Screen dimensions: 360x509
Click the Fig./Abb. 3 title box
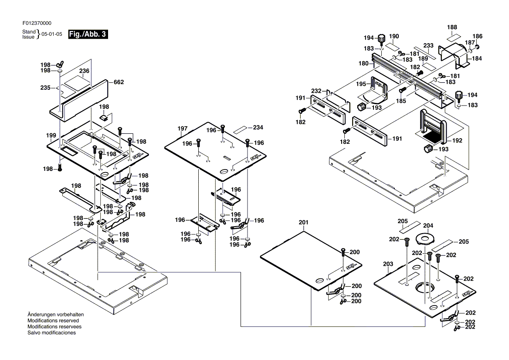[88, 34]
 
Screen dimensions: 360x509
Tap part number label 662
[119, 82]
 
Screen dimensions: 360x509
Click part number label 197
[182, 129]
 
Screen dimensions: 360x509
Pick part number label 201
[303, 222]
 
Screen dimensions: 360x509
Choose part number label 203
[388, 264]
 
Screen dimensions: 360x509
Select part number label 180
[363, 64]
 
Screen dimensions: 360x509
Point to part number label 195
[361, 83]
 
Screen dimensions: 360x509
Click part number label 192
[457, 140]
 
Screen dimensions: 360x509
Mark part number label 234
[258, 127]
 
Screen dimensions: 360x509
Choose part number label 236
[84, 71]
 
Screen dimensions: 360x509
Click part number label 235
[45, 88]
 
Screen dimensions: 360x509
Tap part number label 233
[428, 45]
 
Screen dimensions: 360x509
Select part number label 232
[316, 91]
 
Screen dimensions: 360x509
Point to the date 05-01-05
[52, 34]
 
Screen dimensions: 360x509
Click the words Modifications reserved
[53, 320]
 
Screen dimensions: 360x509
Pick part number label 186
[478, 36]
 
